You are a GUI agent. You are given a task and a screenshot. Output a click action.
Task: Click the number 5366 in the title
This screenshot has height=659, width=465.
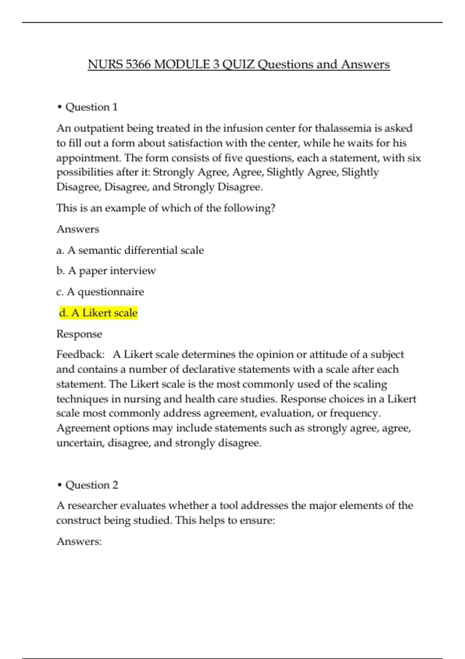(x=138, y=64)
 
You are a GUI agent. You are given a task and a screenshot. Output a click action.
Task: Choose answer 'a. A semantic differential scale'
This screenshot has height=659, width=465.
(x=130, y=250)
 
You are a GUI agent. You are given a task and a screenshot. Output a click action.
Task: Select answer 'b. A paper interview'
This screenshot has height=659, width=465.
(x=106, y=271)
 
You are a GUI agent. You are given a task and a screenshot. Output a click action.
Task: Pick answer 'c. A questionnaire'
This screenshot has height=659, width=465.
(x=100, y=292)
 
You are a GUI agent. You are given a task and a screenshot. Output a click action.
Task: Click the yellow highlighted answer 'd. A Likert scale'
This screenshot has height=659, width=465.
(x=98, y=313)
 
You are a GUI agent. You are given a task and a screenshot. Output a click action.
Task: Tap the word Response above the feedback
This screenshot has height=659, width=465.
(x=79, y=334)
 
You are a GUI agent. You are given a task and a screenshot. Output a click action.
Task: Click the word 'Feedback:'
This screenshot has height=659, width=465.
(x=80, y=354)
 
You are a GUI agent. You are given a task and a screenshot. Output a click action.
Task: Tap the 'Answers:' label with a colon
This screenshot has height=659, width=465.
(x=79, y=541)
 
